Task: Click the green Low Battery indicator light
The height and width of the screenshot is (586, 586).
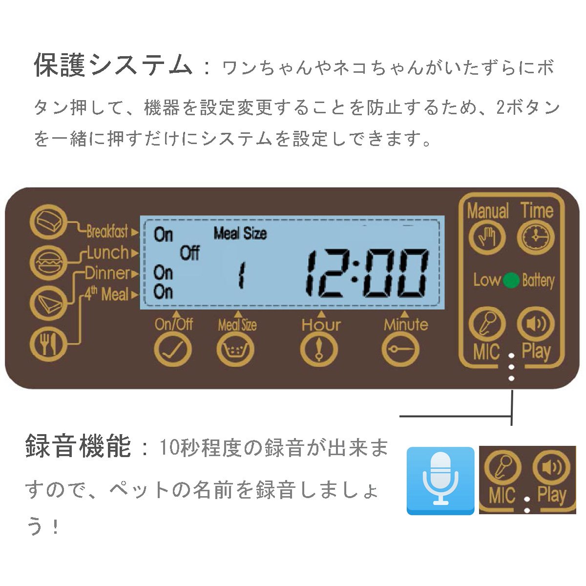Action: click(511, 280)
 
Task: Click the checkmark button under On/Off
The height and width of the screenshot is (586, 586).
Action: click(173, 350)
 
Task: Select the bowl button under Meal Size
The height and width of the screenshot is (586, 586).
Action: click(235, 350)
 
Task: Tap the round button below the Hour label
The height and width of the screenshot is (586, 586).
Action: click(319, 350)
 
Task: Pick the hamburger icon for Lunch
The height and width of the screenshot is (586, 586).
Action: click(48, 263)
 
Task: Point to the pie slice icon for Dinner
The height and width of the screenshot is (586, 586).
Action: click(48, 303)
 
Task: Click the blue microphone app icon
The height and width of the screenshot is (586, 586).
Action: click(440, 480)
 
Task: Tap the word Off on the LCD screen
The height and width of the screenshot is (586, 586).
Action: click(190, 253)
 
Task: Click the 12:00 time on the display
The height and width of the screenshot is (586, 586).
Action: click(366, 273)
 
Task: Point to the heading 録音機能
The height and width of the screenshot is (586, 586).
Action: click(78, 445)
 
